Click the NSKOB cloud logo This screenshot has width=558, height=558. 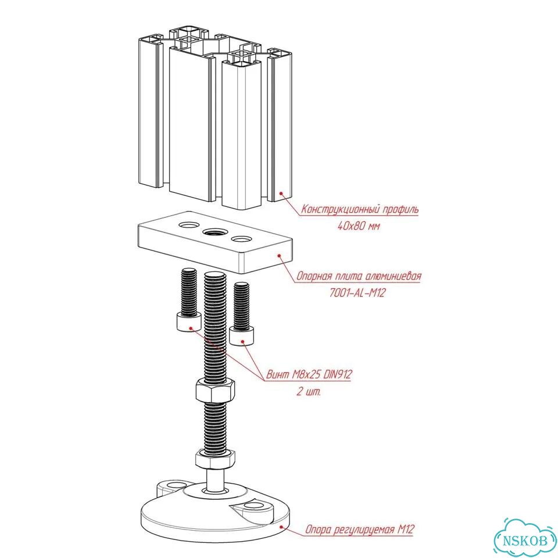tap(525, 538)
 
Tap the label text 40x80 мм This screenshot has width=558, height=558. tap(359, 226)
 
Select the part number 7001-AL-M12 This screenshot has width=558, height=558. tap(357, 293)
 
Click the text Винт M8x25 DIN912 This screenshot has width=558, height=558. tap(309, 374)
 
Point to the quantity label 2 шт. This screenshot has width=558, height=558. tap(309, 391)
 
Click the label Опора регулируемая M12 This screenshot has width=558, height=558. tap(360, 529)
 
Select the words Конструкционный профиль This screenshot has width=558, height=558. tap(360, 209)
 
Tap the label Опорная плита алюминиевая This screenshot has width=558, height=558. tap(359, 276)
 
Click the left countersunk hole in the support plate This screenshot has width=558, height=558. tap(189, 225)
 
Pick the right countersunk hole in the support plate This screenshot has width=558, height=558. tap(241, 239)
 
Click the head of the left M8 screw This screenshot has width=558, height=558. tap(188, 322)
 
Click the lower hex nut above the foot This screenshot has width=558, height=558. tap(215, 459)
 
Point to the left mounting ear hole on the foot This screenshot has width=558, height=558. tap(174, 485)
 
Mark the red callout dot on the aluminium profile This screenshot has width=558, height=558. tap(281, 193)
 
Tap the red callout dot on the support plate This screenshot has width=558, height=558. tap(280, 255)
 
